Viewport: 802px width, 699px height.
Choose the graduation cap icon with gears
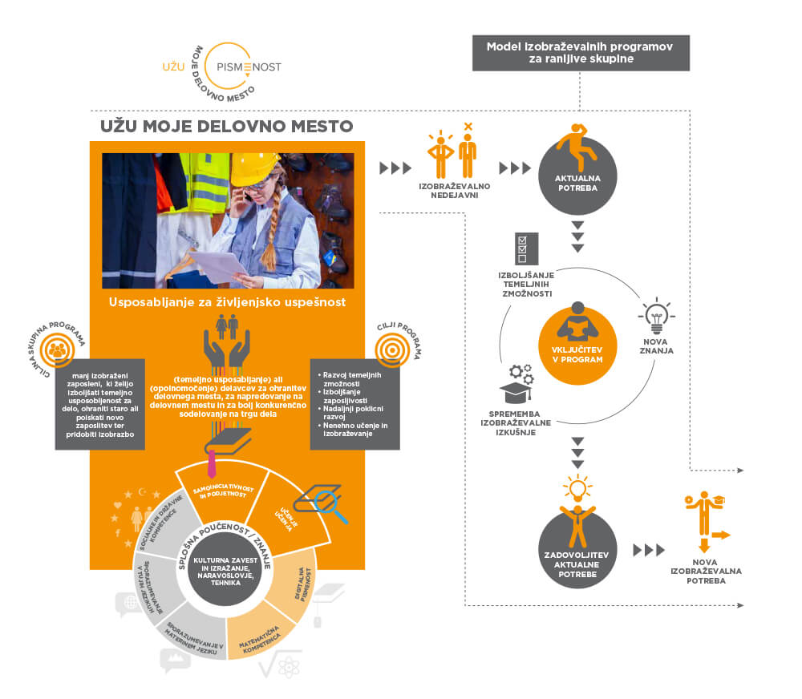516,384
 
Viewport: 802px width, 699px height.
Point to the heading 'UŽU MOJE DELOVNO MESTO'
226,126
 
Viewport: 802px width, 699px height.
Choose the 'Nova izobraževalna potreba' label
706,570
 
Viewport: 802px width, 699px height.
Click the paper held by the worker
214,265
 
